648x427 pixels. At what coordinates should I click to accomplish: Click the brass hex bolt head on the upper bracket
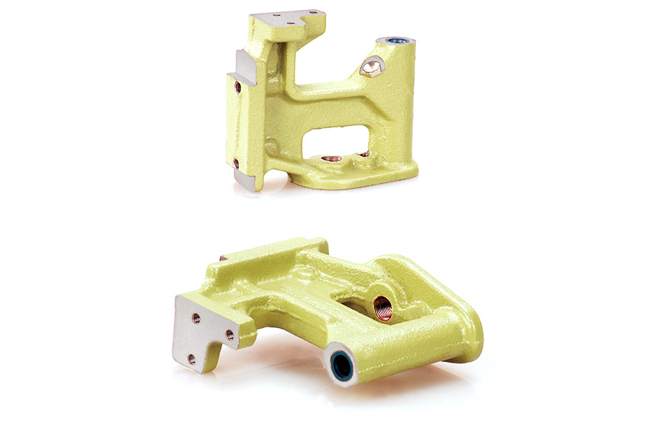(x=372, y=68)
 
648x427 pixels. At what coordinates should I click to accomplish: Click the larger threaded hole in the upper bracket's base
(x=328, y=158)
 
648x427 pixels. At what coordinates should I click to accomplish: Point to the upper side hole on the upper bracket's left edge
(x=238, y=88)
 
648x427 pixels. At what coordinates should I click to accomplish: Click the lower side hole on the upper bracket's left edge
(x=236, y=164)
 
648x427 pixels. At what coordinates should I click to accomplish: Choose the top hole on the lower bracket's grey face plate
(x=196, y=318)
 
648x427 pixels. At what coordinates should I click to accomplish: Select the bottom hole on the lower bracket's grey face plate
(x=192, y=359)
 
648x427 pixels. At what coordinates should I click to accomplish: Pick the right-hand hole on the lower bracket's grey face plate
(x=230, y=334)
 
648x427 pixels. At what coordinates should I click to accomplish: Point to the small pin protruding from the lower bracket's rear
(x=223, y=258)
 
